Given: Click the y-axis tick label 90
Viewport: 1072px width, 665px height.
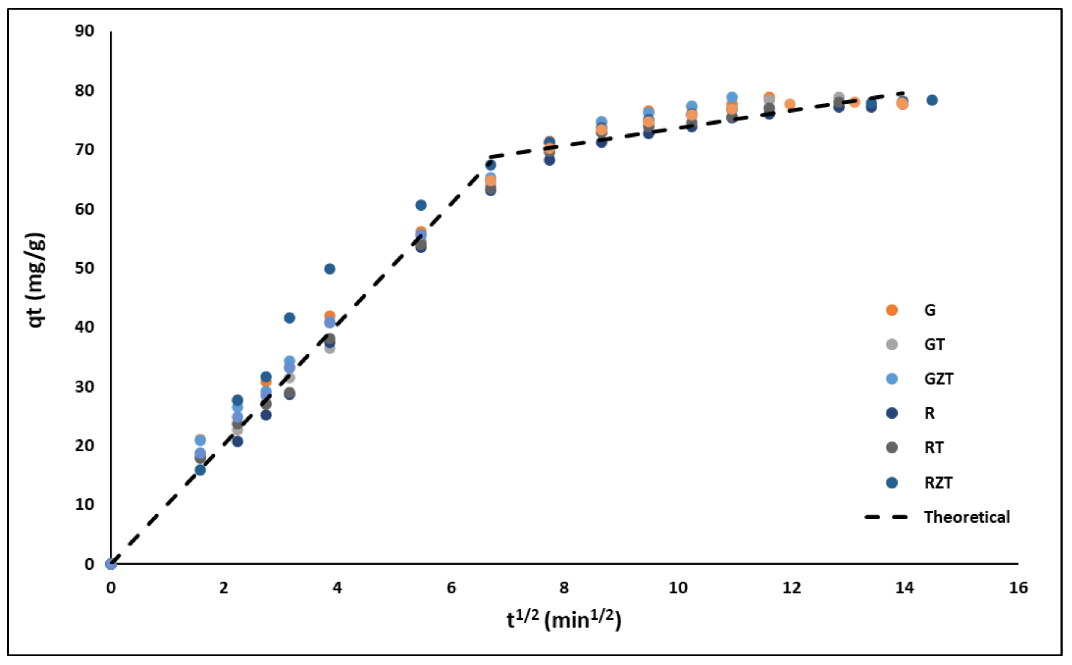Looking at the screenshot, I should coord(84,31).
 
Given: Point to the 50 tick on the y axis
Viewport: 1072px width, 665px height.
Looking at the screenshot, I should coord(84,268).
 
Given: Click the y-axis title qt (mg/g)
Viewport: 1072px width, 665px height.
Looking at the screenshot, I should coord(36,280).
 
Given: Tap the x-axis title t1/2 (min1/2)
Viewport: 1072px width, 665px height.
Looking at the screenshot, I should coord(564,620).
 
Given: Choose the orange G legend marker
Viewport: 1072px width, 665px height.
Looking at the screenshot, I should coord(891,310).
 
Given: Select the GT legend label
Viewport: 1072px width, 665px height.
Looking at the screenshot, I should coord(934,344).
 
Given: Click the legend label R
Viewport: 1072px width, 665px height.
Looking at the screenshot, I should coord(929,413).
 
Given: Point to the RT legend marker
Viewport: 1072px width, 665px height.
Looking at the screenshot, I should coord(891,447).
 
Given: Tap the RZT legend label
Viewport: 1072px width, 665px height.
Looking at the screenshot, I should coord(938,482).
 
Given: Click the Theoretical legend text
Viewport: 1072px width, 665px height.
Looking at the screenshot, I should coord(967,517).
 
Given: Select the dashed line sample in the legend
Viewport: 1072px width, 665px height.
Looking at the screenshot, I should coord(886,517).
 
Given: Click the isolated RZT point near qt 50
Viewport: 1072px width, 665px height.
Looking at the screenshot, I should coord(330,269).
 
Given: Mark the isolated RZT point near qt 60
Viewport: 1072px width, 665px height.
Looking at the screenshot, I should coord(421,205).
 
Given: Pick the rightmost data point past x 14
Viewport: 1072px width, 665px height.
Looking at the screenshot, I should coord(932,100).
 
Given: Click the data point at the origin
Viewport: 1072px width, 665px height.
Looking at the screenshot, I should coord(111,564).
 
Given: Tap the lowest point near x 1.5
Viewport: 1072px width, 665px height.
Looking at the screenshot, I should coord(200,470).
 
